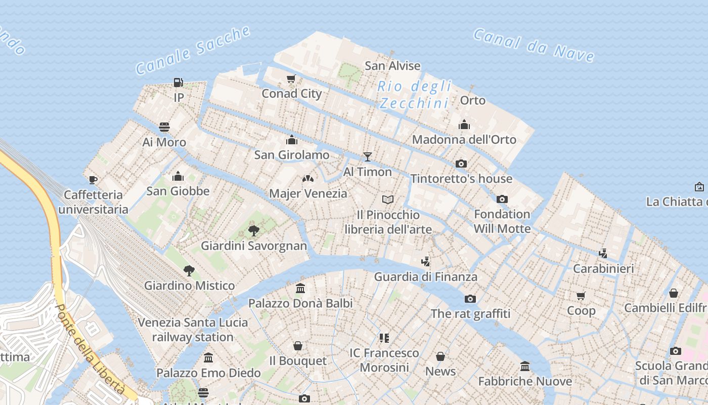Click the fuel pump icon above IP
tap(178, 82)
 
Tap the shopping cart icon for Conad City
tap(291, 78)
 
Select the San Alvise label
tap(392, 66)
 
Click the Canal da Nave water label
tap(534, 45)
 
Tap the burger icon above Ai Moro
tap(164, 127)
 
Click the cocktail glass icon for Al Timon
tap(368, 157)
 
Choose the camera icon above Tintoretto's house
tap(461, 164)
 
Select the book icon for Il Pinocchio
tap(388, 200)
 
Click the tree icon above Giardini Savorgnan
tap(254, 231)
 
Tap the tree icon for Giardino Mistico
tap(189, 270)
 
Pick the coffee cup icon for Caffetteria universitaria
tap(93, 179)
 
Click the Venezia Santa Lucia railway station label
tap(193, 330)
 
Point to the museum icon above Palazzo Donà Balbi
tap(300, 288)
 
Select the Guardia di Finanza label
tap(425, 277)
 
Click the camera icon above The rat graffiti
tap(470, 299)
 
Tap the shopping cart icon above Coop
tap(581, 296)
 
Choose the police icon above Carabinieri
tap(603, 253)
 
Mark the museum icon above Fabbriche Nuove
tap(525, 366)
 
